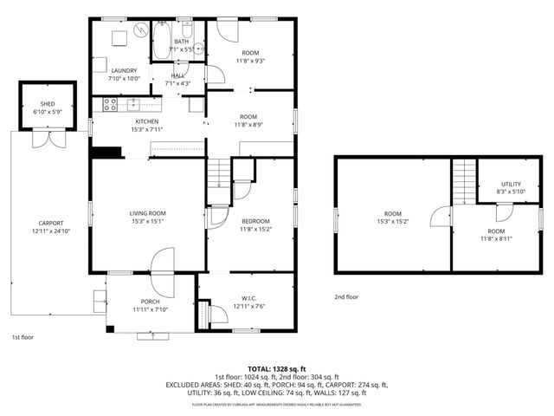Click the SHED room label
47,104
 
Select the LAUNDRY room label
122,71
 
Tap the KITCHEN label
146,121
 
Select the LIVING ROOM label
147,213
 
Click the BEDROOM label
254,221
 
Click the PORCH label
151,301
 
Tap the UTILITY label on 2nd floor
512,185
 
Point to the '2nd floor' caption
346,296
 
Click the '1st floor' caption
23,336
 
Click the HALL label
178,75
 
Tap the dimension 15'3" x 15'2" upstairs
393,222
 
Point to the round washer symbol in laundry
139,32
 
